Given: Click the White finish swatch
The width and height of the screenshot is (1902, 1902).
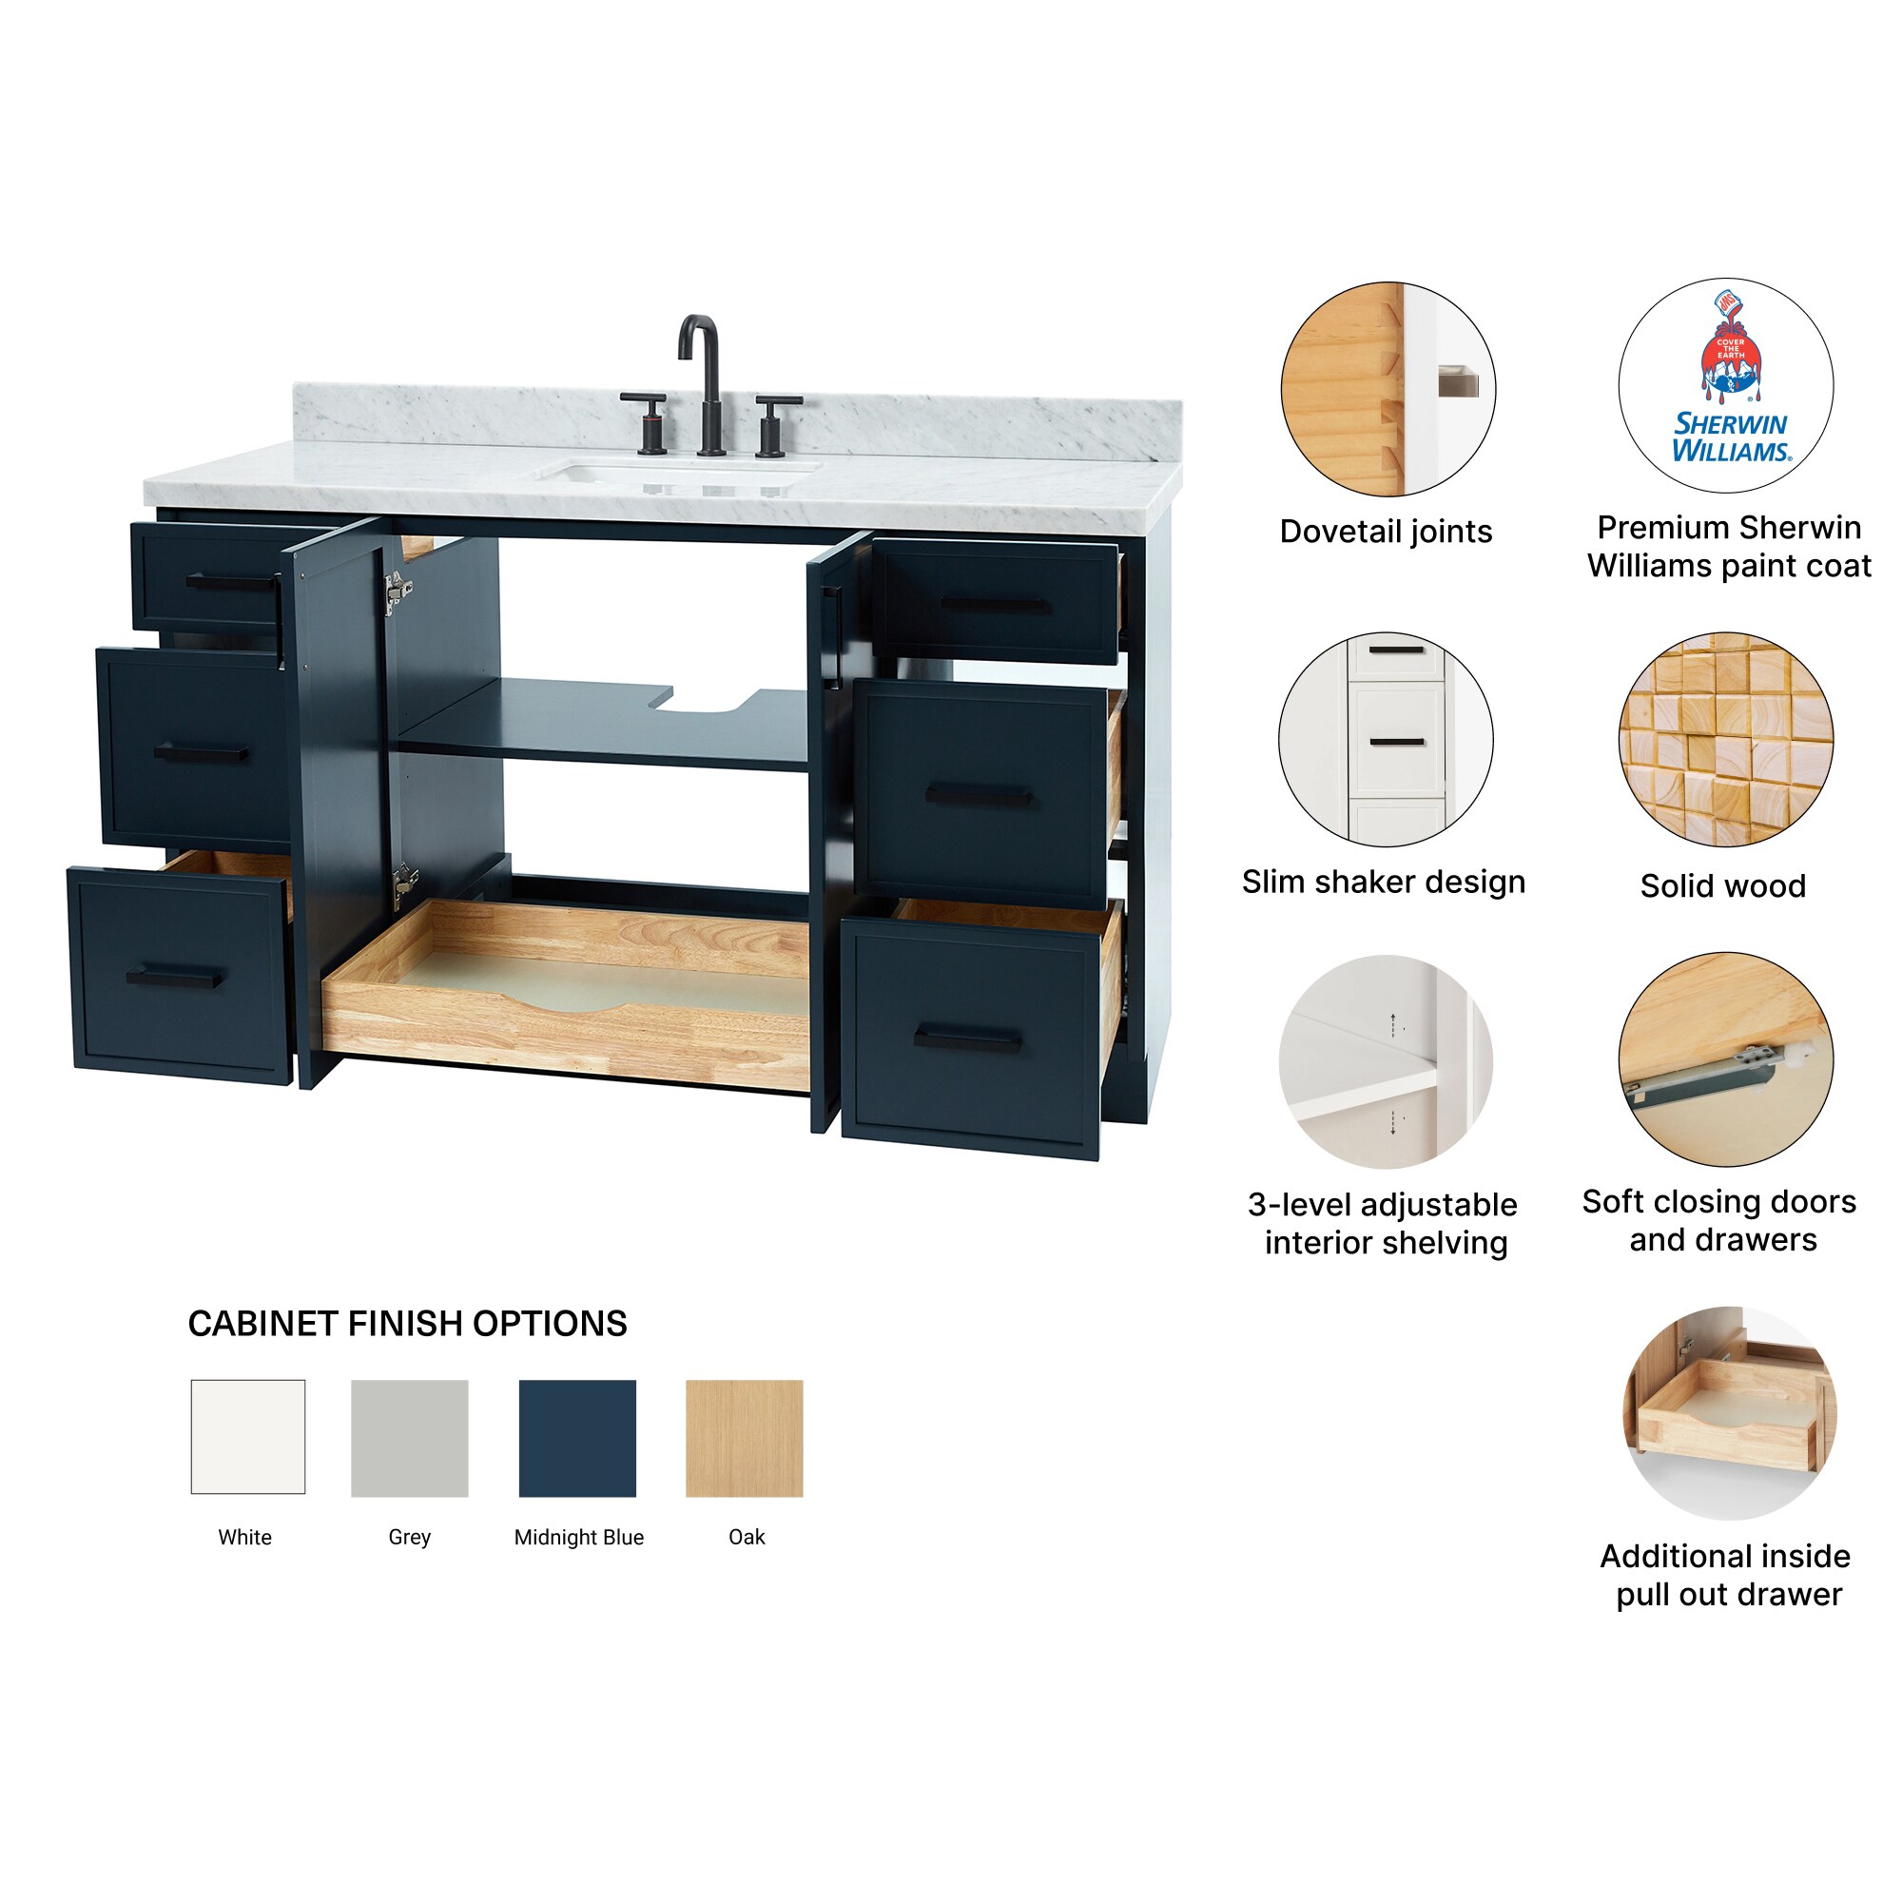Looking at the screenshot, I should tap(248, 1436).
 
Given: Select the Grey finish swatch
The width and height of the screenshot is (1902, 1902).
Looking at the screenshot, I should tap(410, 1438).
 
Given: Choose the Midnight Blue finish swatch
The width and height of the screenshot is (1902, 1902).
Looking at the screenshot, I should tap(577, 1438).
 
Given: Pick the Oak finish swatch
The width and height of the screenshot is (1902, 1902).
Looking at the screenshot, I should tap(745, 1438).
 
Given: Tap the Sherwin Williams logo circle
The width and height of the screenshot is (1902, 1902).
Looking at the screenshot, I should tap(1726, 386).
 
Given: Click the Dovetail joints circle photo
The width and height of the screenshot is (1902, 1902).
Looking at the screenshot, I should tap(1388, 390).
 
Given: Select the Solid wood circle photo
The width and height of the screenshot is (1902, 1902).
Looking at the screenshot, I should tap(1726, 738).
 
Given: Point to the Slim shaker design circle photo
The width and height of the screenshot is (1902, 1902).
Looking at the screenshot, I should tap(1386, 738).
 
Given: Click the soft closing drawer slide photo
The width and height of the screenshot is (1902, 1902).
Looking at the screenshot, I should tap(1726, 1059).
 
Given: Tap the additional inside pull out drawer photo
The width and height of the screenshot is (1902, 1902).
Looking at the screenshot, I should tap(1728, 1413).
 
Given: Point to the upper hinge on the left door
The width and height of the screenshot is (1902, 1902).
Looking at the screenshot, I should tap(397, 592).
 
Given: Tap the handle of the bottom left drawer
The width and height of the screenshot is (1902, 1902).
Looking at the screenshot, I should tap(175, 977).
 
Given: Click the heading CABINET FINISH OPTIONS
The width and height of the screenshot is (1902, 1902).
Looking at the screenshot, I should tap(408, 1323).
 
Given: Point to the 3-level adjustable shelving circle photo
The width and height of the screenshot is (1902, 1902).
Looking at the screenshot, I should tap(1386, 1061).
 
